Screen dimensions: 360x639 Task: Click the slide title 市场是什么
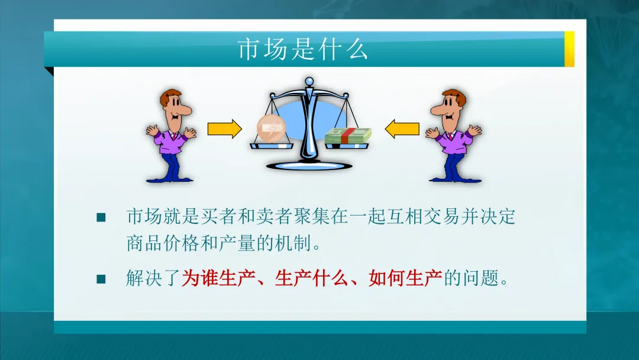click(303, 50)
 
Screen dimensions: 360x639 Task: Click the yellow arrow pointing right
click(225, 128)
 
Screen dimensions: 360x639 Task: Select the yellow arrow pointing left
click(402, 128)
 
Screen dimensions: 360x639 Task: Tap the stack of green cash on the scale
click(348, 136)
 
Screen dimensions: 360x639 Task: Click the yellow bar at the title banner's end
click(569, 49)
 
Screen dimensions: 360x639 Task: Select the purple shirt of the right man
click(453, 142)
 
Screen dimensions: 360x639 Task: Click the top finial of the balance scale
click(308, 81)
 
